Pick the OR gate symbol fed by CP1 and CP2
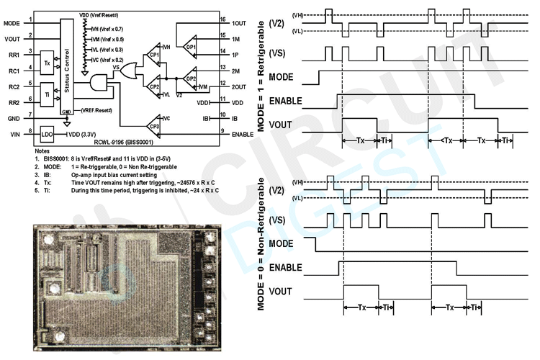[130, 70]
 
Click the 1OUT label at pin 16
[240, 24]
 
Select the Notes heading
[42, 150]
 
